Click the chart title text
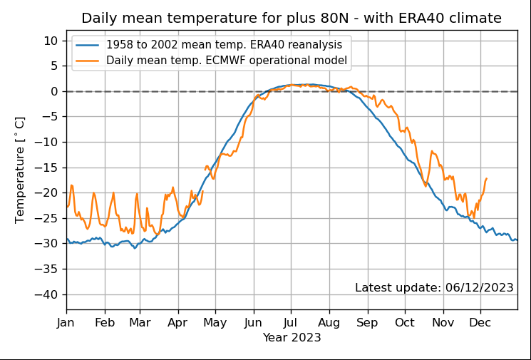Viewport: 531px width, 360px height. coord(292,19)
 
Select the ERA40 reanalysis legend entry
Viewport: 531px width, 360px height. coord(224,45)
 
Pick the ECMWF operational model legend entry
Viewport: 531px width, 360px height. coord(227,61)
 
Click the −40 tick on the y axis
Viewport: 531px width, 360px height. coord(49,294)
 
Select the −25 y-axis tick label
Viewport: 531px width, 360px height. coord(49,218)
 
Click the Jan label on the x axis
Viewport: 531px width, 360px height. coord(67,323)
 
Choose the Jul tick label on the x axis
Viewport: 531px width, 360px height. coord(290,323)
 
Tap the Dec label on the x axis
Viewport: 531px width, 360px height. coord(480,323)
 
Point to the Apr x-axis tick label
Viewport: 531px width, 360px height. coord(178,323)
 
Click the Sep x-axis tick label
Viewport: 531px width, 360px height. coord(368,323)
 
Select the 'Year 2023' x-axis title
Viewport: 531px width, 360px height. coord(292,336)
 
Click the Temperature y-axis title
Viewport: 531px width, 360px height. coord(20,170)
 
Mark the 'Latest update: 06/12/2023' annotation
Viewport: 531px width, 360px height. coord(434,287)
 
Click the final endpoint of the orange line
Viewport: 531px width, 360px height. coord(486,178)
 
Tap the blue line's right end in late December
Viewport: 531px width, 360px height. coord(517,240)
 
